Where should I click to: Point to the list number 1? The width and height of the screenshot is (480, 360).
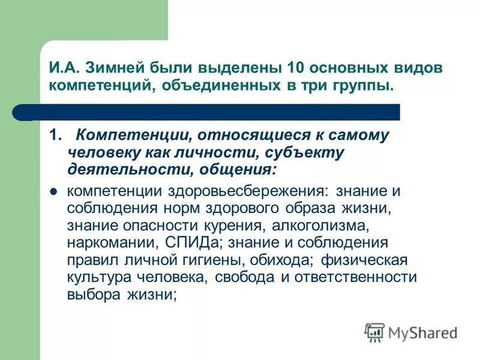[x=55, y=136]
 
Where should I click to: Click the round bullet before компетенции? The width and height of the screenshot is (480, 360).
[x=53, y=192]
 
